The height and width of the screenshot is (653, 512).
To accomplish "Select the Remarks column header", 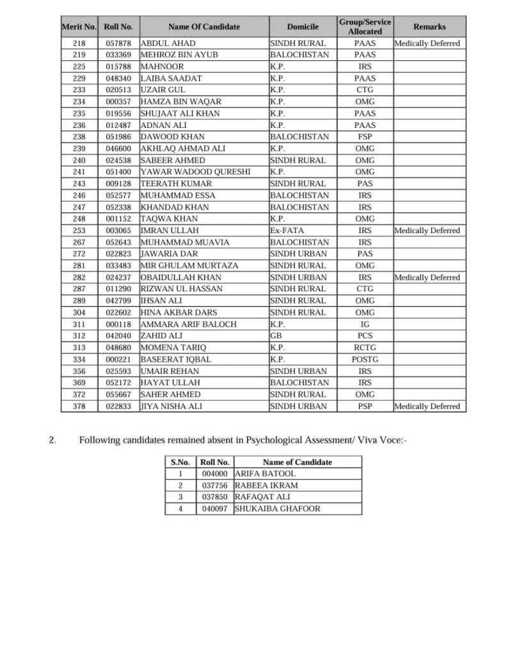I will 429,27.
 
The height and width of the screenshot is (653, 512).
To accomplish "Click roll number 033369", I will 118,55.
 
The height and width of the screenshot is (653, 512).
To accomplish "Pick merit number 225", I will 79,67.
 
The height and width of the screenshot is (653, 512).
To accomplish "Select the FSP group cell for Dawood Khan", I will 365,137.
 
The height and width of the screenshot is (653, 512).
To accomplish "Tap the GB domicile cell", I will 276,336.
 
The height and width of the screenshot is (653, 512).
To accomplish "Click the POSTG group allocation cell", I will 365,360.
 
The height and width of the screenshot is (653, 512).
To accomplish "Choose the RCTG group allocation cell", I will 365,348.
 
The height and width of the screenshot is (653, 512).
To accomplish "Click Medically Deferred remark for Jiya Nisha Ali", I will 427,407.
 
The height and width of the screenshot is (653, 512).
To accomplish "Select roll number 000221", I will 118,360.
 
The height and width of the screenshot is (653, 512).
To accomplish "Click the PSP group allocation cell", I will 365,407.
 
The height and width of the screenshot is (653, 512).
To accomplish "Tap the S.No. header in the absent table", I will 180,462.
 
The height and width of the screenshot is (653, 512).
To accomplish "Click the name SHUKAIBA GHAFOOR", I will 278,509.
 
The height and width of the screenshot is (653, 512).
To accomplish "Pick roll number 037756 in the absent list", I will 214,485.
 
